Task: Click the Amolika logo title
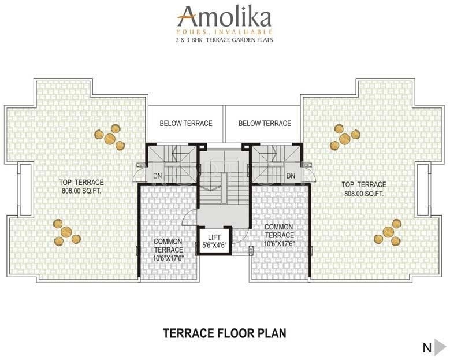(225, 14)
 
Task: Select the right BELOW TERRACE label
(265, 123)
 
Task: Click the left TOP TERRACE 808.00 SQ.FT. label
(81, 186)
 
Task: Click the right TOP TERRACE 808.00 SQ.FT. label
(365, 189)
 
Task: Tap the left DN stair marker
(157, 176)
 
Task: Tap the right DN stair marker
(291, 176)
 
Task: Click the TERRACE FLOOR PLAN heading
(225, 333)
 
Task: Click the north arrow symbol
(440, 347)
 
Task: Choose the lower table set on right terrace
(388, 232)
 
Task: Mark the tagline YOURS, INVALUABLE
(225, 31)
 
